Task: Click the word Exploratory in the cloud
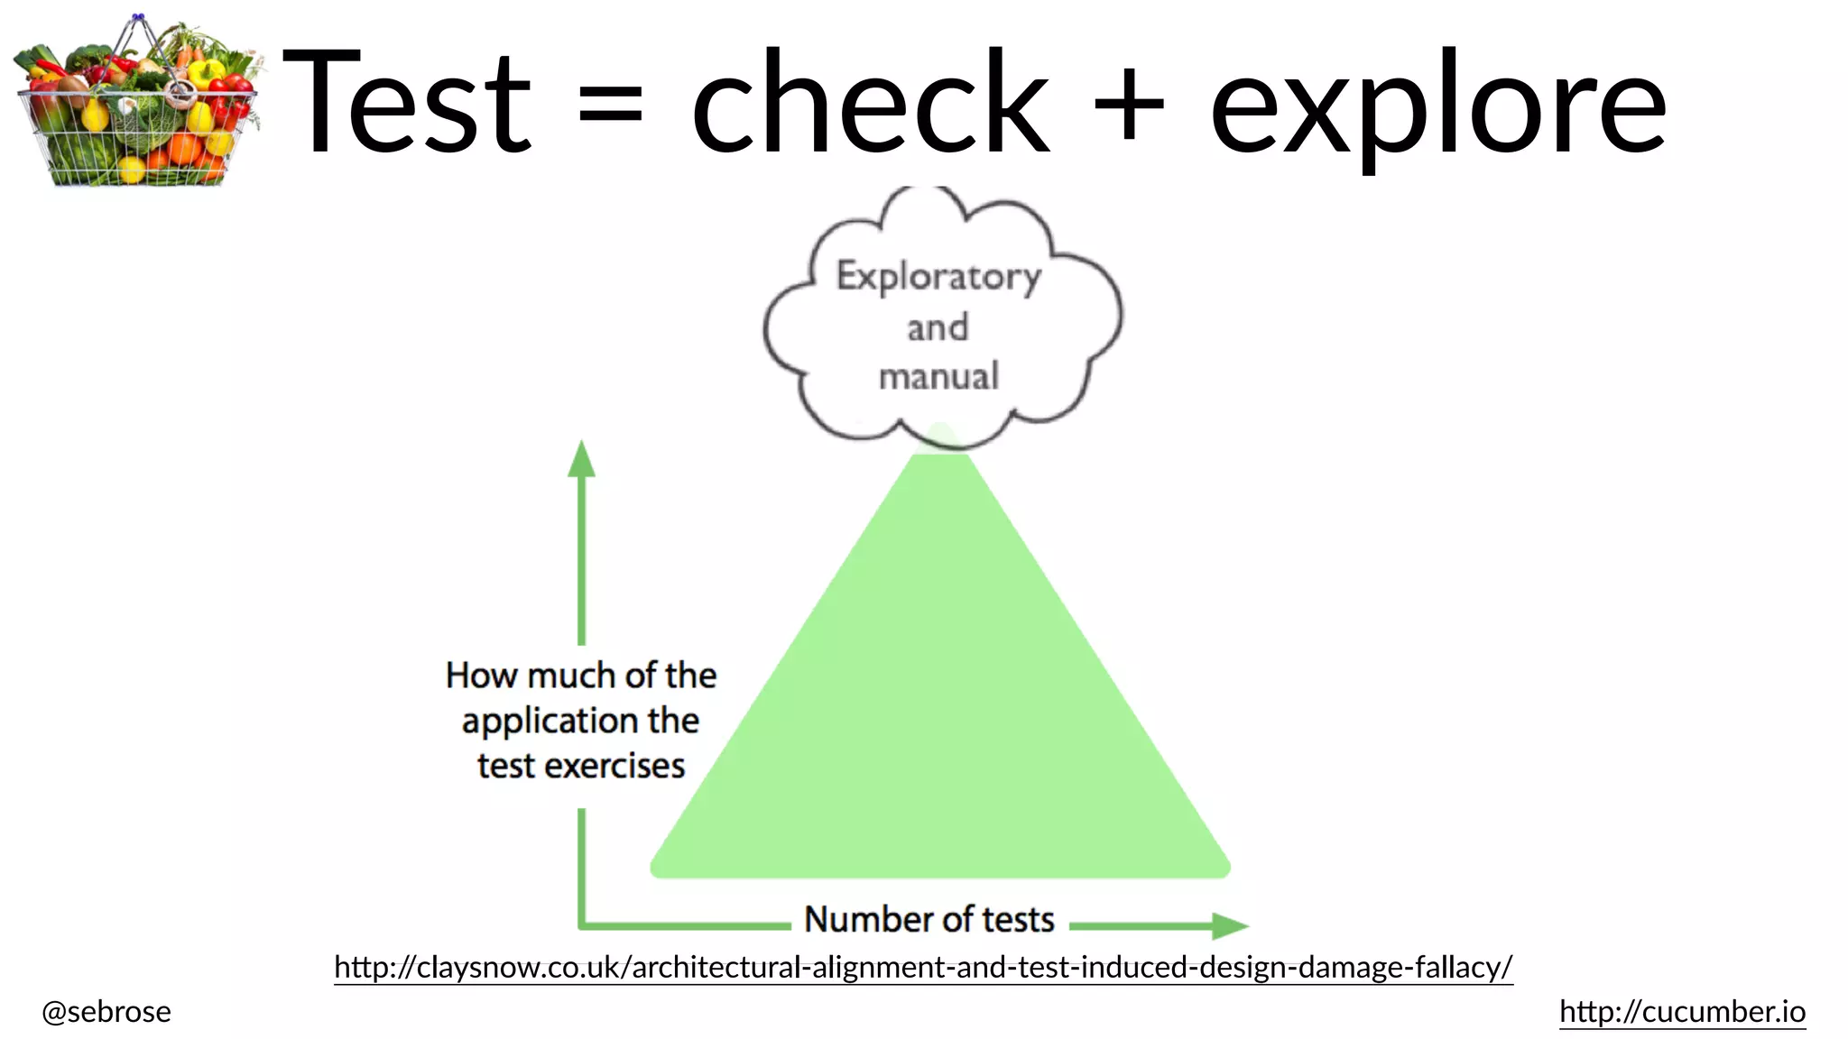938,276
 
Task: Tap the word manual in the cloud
938,376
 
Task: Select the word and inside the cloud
938,327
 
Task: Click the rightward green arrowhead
1229,925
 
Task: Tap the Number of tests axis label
929,919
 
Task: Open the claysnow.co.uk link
923,967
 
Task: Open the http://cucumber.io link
1682,1011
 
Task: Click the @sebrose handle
106,1012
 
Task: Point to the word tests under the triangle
1018,919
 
